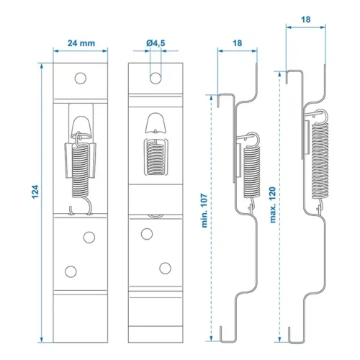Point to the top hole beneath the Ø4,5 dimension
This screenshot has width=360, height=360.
[x=155, y=76]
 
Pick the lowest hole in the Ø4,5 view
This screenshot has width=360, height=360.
[x=164, y=269]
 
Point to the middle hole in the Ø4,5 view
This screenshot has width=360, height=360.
[x=147, y=233]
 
